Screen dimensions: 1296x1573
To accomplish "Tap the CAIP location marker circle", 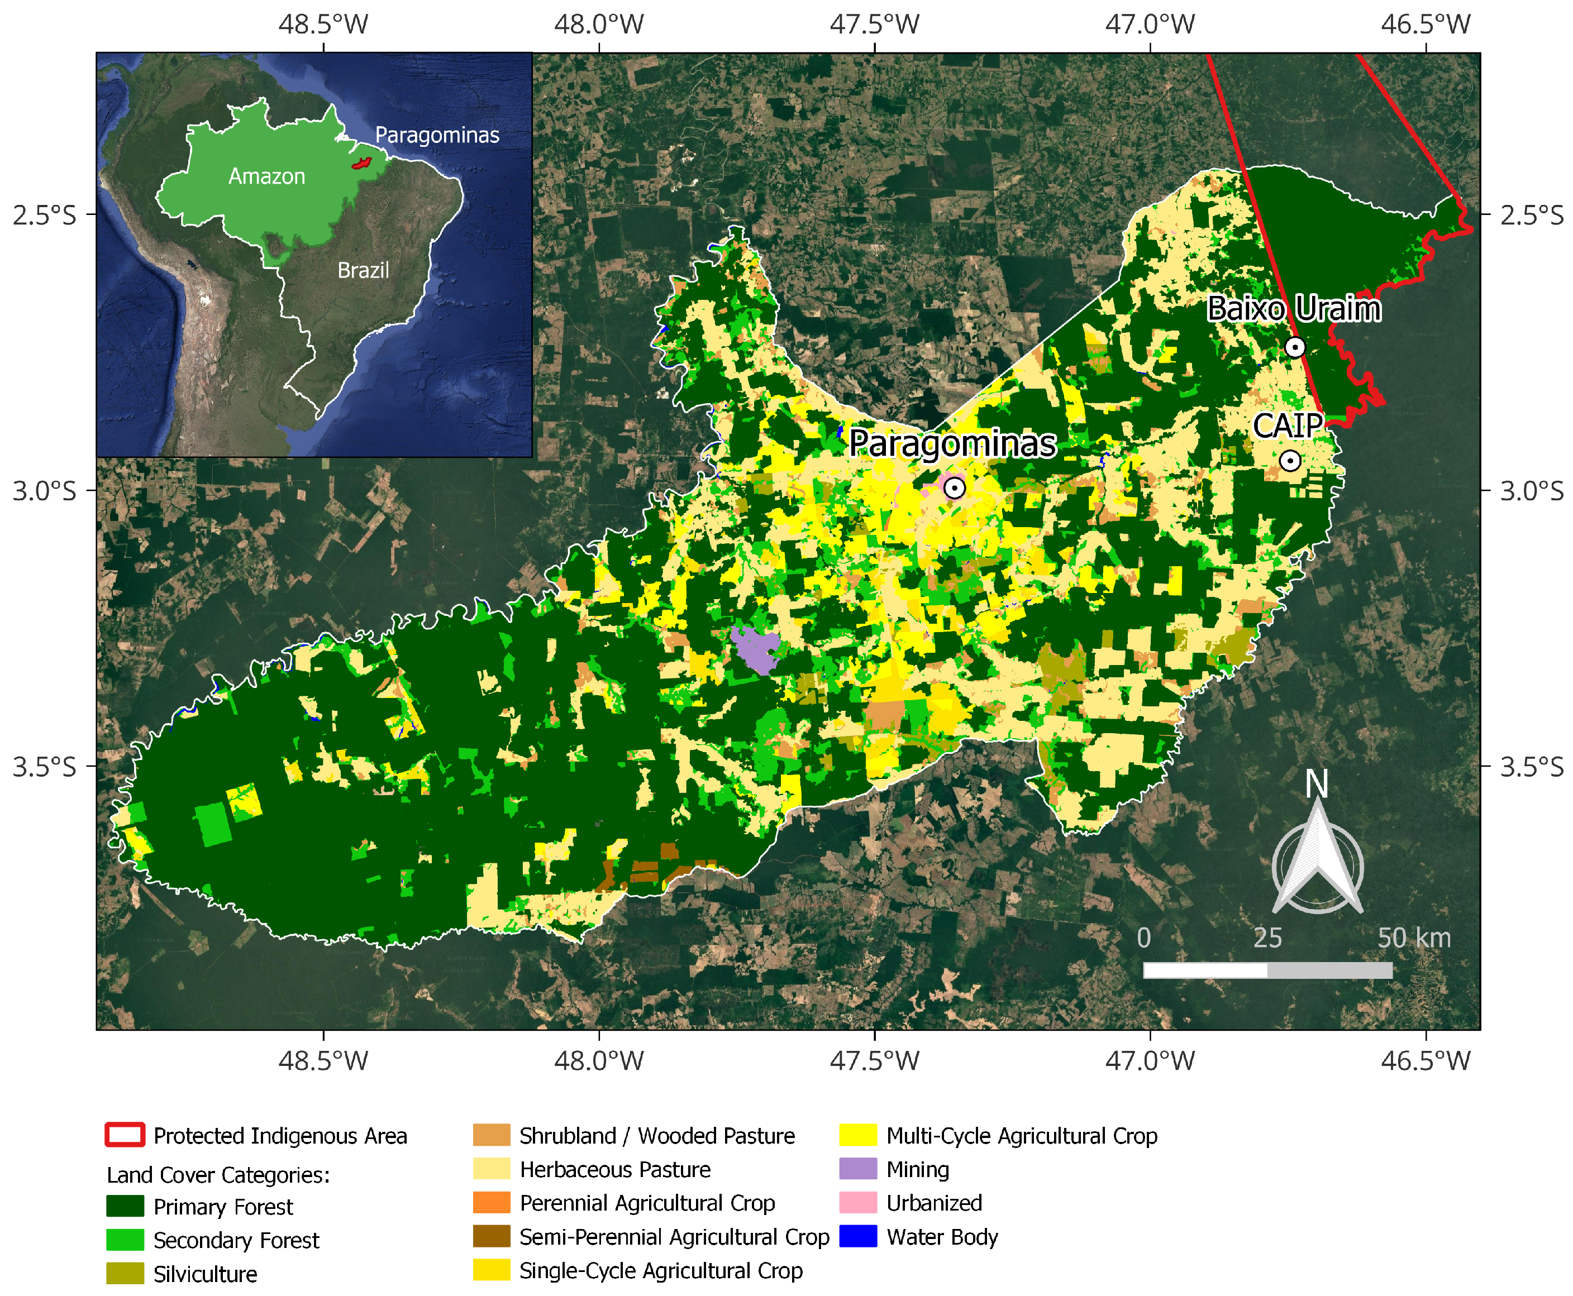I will (1289, 461).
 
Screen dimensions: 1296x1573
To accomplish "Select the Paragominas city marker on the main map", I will (954, 488).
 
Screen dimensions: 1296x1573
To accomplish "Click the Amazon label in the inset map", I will (266, 177).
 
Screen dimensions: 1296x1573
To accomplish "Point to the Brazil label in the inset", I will (363, 270).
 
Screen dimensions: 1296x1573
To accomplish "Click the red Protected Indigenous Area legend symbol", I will (125, 1136).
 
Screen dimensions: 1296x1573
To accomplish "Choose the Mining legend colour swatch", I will (857, 1169).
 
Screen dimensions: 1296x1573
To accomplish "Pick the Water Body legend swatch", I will (857, 1237).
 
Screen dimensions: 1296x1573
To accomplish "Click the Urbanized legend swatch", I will (857, 1203).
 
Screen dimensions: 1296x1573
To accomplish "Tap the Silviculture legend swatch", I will (125, 1274).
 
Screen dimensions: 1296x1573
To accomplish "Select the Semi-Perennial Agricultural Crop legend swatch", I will (492, 1237).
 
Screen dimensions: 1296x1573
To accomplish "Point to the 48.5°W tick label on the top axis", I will (323, 25).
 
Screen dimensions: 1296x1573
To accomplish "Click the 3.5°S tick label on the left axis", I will (44, 767).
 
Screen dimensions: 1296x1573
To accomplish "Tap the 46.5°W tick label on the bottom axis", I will (1425, 1060).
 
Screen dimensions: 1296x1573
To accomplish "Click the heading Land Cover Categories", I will (218, 1175).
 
